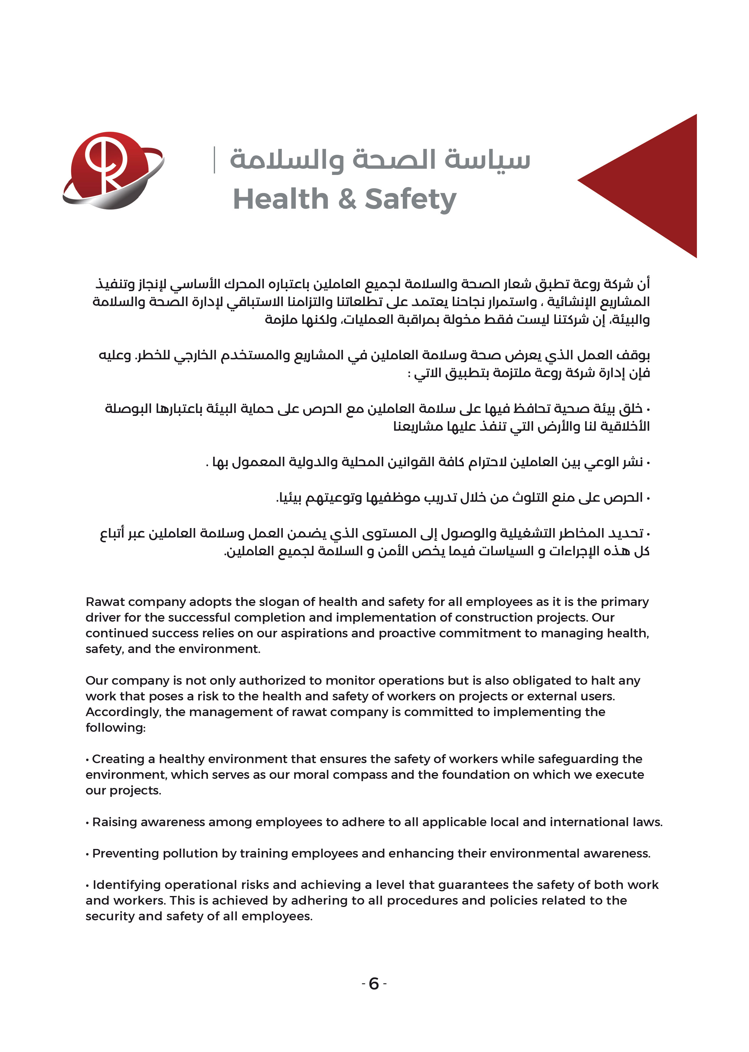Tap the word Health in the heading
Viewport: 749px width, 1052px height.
pos(280,199)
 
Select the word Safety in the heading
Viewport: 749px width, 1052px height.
pos(410,199)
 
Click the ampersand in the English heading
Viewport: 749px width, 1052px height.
pos(347,199)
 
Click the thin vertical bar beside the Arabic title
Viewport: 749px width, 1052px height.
pos(214,160)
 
